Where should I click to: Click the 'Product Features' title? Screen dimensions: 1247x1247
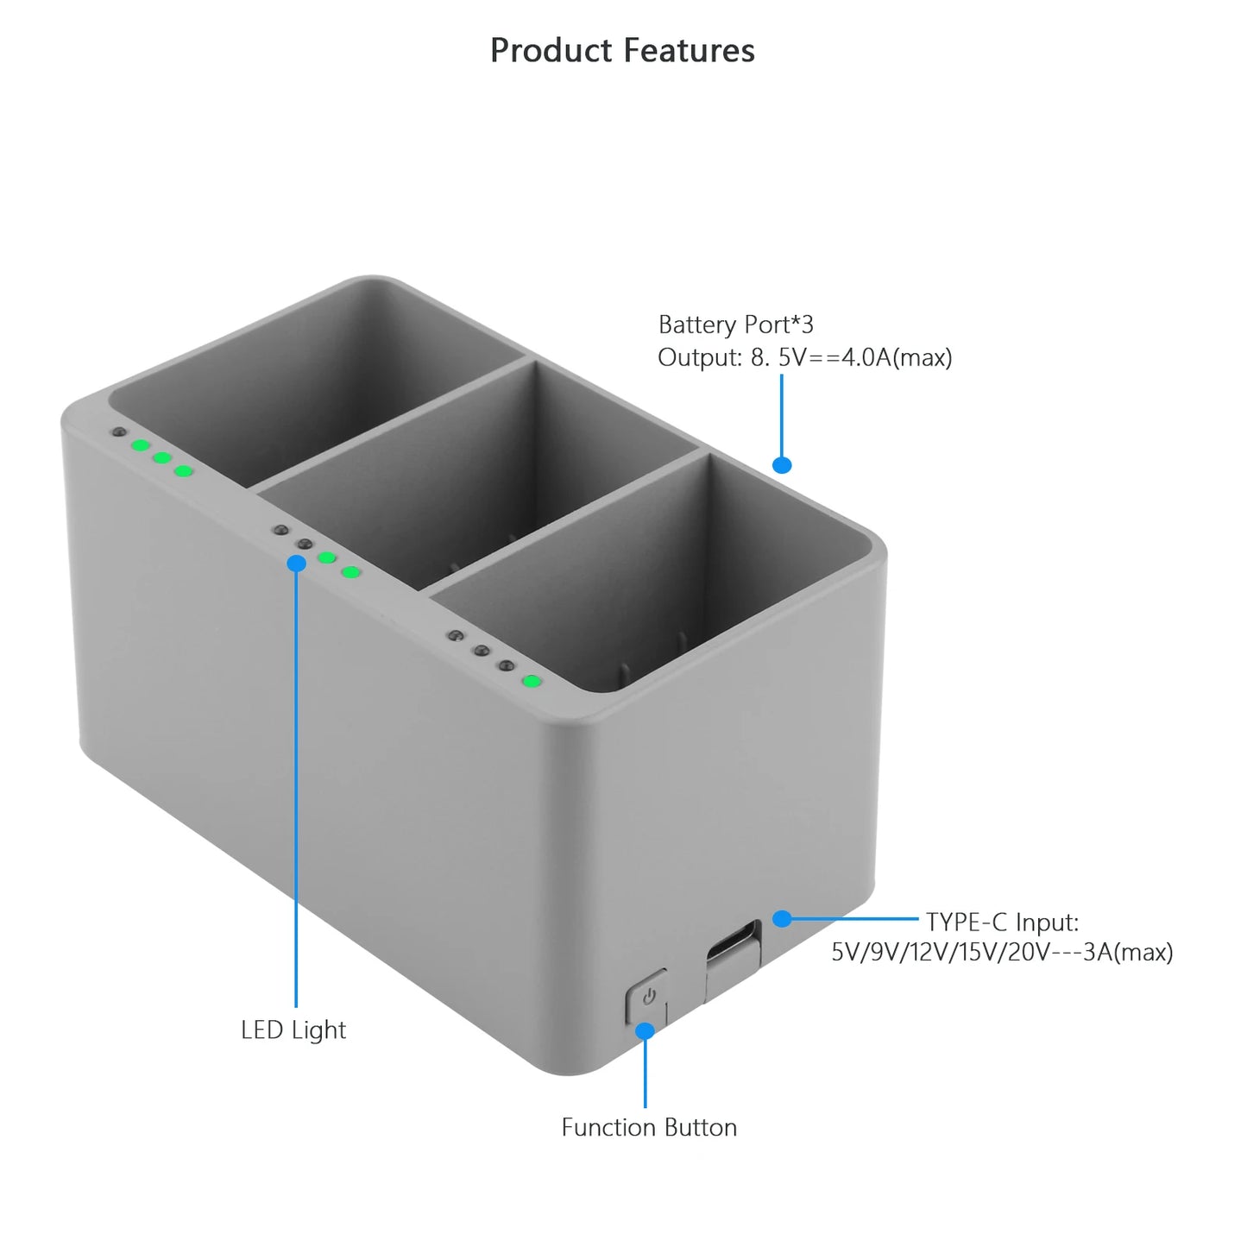pyautogui.click(x=622, y=50)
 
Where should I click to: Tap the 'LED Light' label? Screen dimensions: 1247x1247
pyautogui.click(x=293, y=1030)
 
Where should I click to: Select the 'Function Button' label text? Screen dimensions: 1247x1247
pyautogui.click(x=649, y=1127)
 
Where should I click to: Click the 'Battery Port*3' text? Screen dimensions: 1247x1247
pyautogui.click(x=736, y=324)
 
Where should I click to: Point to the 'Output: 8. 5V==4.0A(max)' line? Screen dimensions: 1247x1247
pyautogui.click(x=805, y=357)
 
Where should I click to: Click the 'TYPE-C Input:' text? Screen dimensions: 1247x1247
pyautogui.click(x=1003, y=923)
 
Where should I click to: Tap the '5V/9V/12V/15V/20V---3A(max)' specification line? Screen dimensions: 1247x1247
pyautogui.click(x=1003, y=952)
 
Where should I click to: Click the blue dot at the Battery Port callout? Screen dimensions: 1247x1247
pyautogui.click(x=782, y=464)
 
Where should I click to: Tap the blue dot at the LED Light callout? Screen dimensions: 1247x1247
pyautogui.click(x=296, y=563)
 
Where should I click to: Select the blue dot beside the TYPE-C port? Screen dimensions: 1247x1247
pyautogui.click(x=782, y=918)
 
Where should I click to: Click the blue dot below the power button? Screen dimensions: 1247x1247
pyautogui.click(x=646, y=1031)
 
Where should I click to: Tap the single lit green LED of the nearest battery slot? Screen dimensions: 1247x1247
pyautogui.click(x=532, y=681)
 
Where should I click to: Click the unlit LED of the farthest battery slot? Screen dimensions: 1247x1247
pyautogui.click(x=118, y=431)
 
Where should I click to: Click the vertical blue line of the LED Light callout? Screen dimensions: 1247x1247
pyautogui.click(x=296, y=785)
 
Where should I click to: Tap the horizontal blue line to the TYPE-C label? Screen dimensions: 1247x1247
pyautogui.click(x=850, y=918)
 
